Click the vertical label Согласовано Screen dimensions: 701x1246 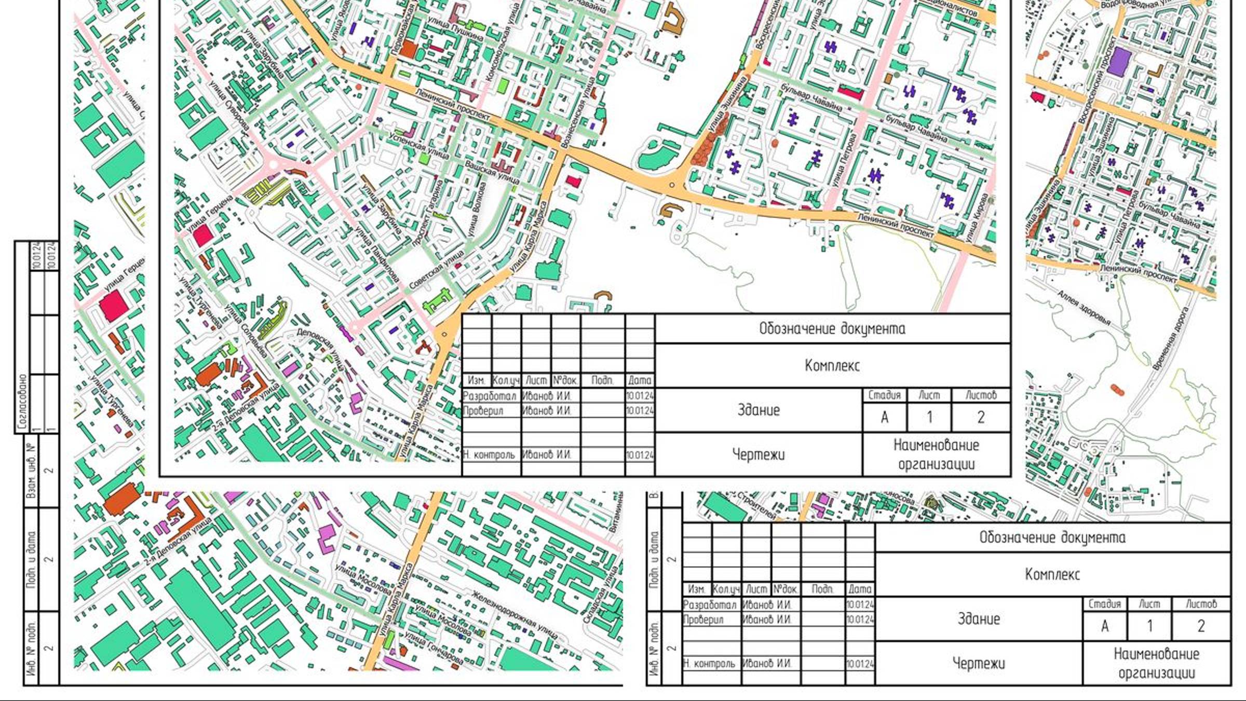(22, 402)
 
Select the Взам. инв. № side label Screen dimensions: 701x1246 (31, 470)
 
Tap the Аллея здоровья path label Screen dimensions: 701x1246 (1084, 308)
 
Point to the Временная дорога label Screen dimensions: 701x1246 (1171, 339)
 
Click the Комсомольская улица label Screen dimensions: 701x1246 (502, 43)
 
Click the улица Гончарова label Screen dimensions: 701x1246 (434, 648)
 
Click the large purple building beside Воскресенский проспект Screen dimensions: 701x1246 (1119, 61)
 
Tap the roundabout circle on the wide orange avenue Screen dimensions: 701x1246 (672, 185)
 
